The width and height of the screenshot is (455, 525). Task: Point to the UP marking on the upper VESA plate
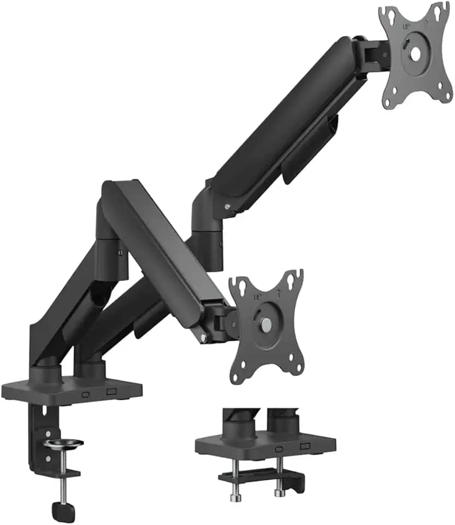tap(406, 26)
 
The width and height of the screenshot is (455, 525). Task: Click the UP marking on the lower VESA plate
tap(258, 297)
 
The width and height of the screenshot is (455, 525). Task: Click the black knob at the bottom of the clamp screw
tap(60, 511)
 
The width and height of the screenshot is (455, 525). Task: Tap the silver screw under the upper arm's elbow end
tap(227, 206)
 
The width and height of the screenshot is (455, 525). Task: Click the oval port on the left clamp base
tap(85, 394)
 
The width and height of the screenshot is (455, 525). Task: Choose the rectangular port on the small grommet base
tap(305, 447)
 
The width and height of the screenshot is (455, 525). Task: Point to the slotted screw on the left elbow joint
tap(120, 252)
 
